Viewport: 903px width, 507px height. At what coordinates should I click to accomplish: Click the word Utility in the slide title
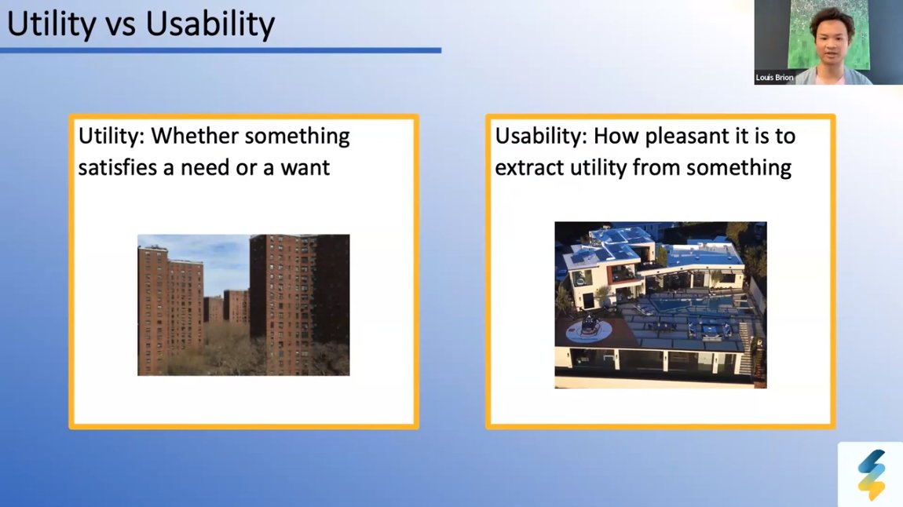[x=50, y=24]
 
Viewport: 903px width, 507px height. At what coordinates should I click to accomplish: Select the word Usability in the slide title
[x=210, y=24]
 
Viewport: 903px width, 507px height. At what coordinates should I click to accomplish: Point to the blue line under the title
[x=220, y=50]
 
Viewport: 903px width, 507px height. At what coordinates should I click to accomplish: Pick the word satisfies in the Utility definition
[x=116, y=167]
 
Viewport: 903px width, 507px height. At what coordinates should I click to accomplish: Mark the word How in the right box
[x=616, y=136]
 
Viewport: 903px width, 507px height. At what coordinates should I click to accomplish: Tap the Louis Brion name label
[x=774, y=78]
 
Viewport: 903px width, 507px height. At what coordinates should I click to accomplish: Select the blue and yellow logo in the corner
[x=871, y=475]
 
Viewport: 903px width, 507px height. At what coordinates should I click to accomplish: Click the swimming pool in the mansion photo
[x=683, y=304]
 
